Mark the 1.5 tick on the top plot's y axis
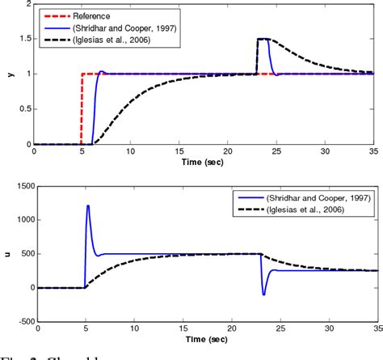(24, 39)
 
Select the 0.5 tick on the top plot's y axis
(24, 109)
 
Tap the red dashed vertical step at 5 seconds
(82, 109)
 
